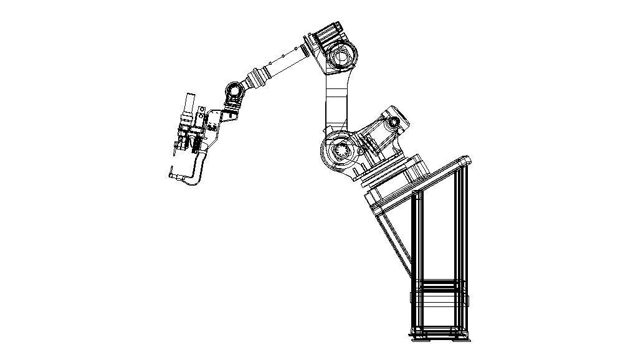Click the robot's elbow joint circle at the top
tap(341, 57)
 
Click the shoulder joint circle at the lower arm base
tap(340, 151)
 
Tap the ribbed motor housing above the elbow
tap(328, 31)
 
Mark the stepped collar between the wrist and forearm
tap(256, 79)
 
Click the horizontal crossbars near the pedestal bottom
tap(439, 293)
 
